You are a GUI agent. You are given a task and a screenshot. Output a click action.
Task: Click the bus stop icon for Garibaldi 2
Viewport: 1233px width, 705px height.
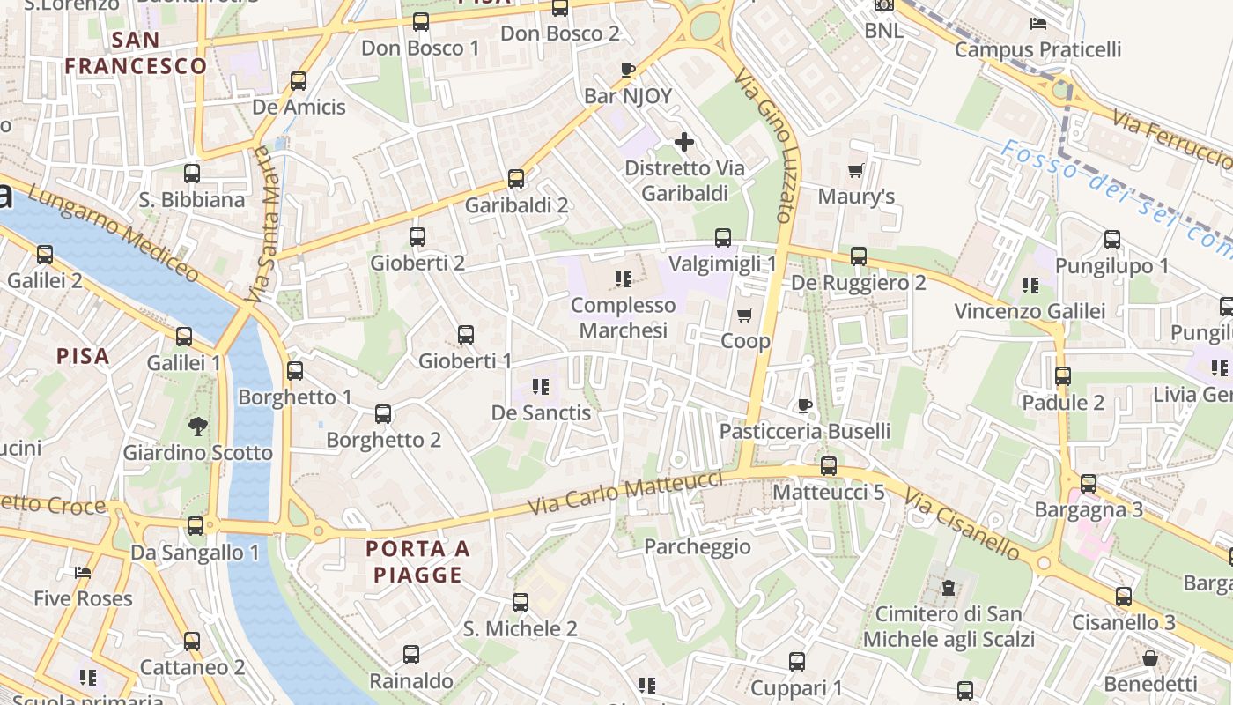point(516,179)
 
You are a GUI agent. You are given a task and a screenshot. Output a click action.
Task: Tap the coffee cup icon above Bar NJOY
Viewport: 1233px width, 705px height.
point(628,70)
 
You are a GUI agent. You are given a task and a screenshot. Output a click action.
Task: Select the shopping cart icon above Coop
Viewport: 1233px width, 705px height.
point(745,315)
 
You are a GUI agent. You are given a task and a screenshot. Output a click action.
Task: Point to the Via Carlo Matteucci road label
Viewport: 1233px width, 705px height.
point(625,494)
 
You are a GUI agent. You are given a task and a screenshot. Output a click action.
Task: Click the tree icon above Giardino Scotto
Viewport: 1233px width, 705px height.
point(197,427)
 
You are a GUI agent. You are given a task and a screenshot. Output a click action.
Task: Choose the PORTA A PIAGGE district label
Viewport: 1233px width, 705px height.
point(417,561)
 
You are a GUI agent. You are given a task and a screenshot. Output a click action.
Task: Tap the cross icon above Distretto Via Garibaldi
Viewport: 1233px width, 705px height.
point(684,141)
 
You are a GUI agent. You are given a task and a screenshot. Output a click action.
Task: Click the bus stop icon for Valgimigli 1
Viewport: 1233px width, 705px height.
point(723,237)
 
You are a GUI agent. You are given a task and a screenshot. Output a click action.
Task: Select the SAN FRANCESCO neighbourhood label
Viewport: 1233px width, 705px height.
point(136,53)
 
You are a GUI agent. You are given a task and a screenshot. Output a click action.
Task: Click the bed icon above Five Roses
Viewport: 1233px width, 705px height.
point(83,573)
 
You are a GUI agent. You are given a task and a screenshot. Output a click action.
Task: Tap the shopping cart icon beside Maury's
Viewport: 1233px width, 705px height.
point(855,170)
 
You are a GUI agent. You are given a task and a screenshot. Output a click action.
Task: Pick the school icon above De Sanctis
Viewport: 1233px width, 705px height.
point(541,386)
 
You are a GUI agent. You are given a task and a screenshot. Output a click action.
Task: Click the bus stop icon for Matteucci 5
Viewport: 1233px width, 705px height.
point(829,466)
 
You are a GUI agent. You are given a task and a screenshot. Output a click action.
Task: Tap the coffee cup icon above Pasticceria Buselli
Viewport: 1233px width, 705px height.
point(804,405)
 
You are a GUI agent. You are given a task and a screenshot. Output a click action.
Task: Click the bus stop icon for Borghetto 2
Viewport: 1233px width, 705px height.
point(383,413)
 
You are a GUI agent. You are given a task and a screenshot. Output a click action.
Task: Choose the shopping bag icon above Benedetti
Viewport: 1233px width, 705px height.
point(1150,657)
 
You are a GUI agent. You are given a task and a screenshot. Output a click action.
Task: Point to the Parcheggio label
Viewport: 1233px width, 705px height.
point(698,546)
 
